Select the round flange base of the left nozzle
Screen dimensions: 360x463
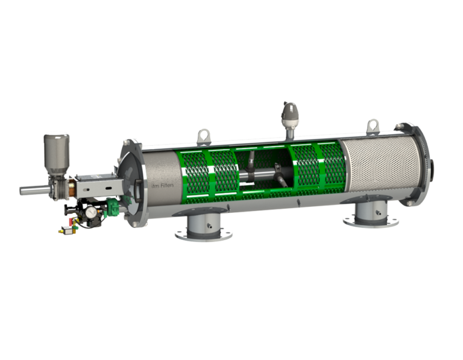(x=204, y=234)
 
